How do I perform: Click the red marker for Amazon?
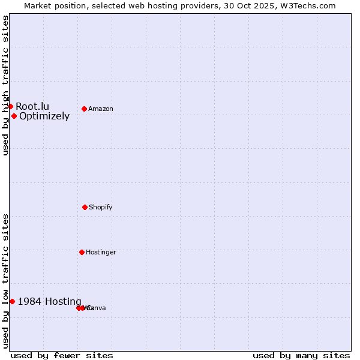(85, 109)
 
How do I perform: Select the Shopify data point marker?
(85, 207)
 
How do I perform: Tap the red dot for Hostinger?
(82, 252)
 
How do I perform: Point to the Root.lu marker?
(10, 106)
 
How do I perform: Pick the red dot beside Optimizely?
(14, 116)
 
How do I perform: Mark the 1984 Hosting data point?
(12, 301)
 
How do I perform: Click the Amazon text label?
(101, 109)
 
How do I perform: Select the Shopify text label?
(101, 207)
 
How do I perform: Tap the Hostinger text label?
(101, 252)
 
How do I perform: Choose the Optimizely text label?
(44, 116)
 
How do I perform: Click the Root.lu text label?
(32, 107)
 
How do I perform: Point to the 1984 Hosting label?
(50, 302)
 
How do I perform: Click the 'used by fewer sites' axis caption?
(62, 355)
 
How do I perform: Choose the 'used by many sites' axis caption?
(301, 355)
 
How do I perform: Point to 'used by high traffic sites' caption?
(5, 85)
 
